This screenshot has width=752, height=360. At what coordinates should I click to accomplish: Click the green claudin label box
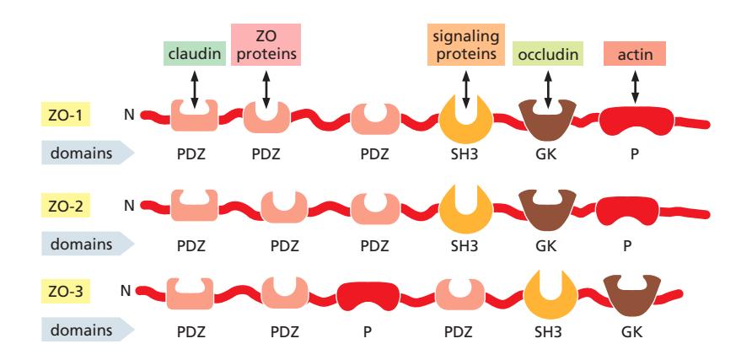tap(195, 57)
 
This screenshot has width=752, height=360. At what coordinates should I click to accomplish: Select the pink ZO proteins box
tap(266, 44)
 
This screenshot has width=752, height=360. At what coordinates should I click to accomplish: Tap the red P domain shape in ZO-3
tap(368, 297)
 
